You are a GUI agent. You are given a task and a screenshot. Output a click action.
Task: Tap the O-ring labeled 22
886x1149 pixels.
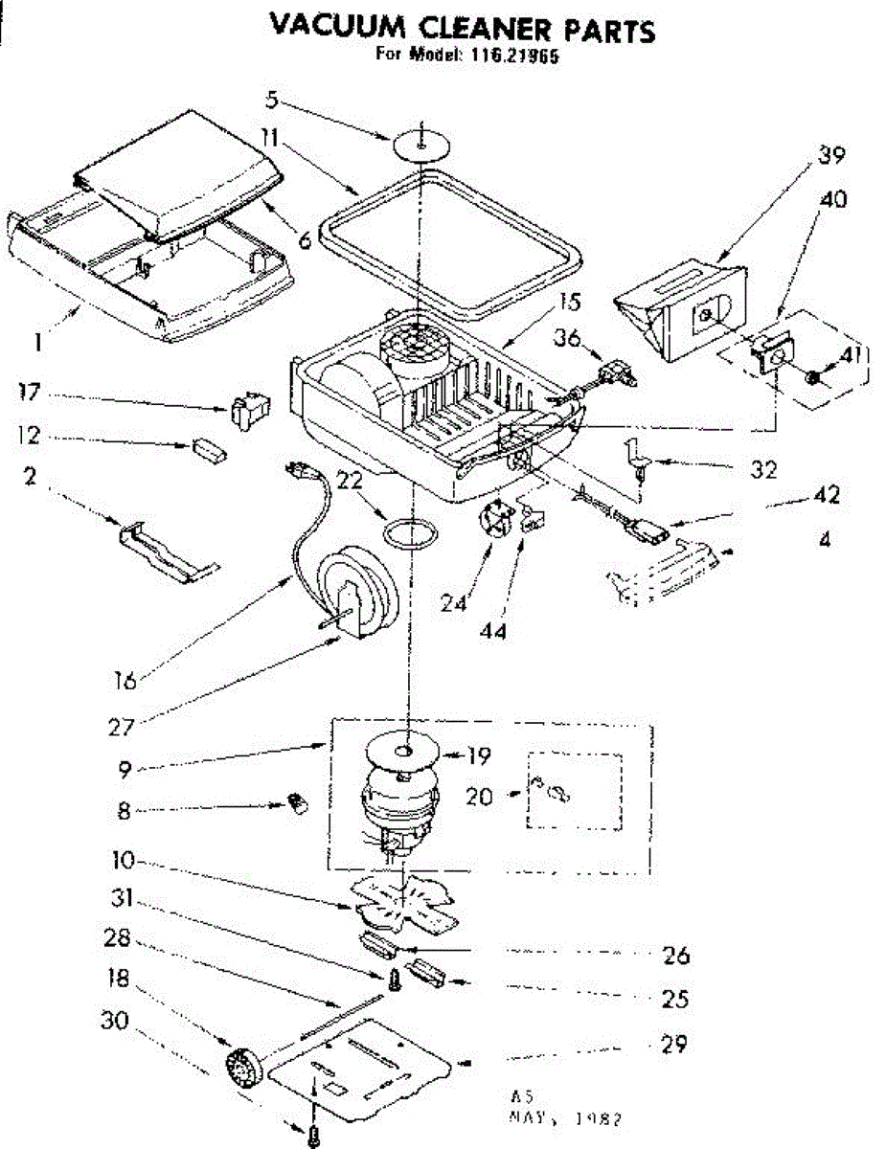point(410,533)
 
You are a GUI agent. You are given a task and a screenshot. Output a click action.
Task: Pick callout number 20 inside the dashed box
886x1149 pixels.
point(480,796)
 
